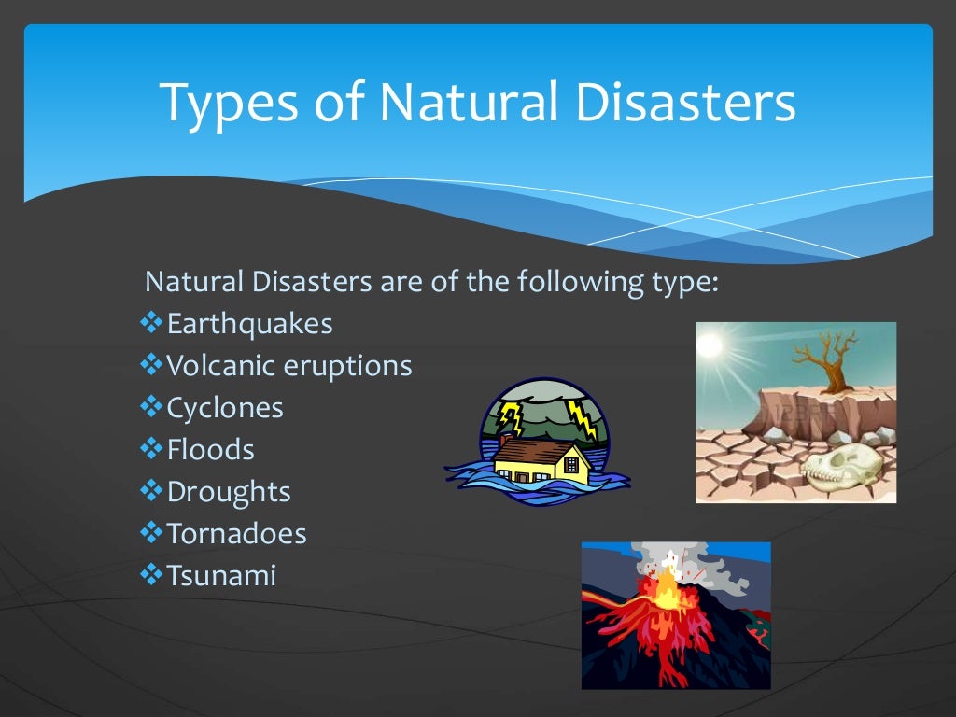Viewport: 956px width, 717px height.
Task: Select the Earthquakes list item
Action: tap(249, 324)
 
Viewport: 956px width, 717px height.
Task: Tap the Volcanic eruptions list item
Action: tap(288, 365)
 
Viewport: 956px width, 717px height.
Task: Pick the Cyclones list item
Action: tap(224, 408)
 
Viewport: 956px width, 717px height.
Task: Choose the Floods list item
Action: tap(210, 450)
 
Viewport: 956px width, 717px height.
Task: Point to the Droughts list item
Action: tap(228, 492)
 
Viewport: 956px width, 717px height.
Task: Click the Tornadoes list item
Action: tap(236, 534)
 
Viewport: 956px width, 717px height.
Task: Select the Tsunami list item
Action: tap(221, 576)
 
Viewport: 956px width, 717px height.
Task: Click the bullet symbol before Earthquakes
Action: tap(150, 324)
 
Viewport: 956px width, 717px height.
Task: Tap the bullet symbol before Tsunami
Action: tap(150, 576)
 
